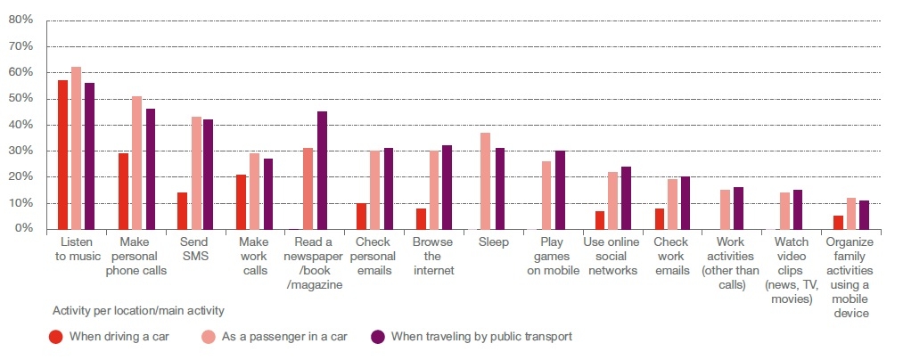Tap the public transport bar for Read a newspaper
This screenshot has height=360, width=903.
pyautogui.click(x=322, y=170)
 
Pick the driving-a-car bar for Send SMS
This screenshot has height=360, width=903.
pyautogui.click(x=182, y=210)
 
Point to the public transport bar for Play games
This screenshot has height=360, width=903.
pyautogui.click(x=559, y=190)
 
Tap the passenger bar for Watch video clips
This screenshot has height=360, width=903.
pyautogui.click(x=784, y=210)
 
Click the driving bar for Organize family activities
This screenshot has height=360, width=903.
pyautogui.click(x=837, y=222)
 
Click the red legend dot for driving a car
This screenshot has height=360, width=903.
pyautogui.click(x=56, y=336)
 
